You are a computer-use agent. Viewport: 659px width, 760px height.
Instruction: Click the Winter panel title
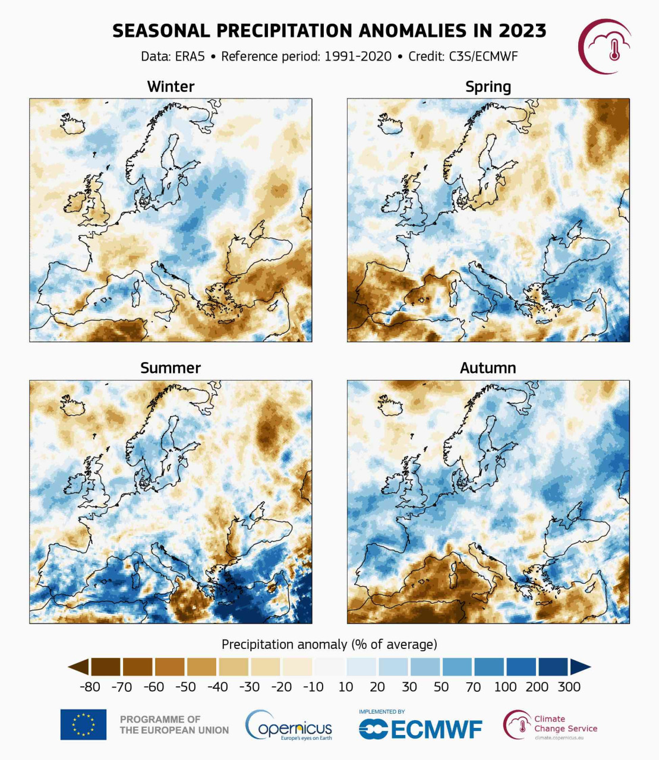[171, 87]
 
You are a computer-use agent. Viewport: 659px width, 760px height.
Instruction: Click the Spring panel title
[488, 87]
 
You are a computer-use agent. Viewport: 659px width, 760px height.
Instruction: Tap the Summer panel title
[171, 368]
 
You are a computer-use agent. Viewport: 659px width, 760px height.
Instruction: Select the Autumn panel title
[488, 368]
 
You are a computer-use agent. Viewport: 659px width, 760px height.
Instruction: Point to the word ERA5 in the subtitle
[190, 56]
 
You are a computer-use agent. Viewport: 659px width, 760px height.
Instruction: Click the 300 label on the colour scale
[569, 687]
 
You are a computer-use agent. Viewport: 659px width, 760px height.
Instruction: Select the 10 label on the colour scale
[345, 687]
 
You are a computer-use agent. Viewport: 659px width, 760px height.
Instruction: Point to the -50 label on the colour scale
[185, 687]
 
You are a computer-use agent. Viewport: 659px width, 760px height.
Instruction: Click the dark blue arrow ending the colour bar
[580, 667]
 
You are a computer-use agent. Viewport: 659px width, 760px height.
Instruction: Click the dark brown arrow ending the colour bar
[79, 667]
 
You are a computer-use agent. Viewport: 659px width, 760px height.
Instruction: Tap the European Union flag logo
[83, 724]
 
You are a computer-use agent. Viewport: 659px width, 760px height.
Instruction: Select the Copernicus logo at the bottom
[289, 726]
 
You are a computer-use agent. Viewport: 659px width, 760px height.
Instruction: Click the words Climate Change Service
[565, 724]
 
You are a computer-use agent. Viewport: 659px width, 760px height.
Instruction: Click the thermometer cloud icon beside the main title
[605, 46]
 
